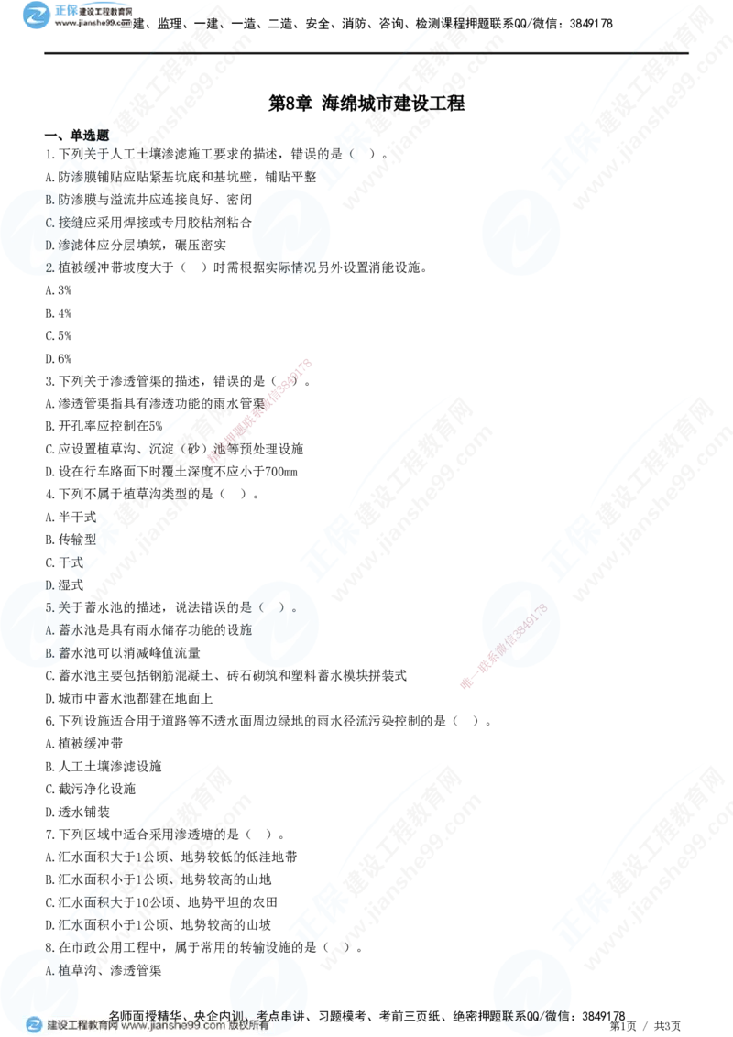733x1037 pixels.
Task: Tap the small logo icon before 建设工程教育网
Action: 35,1025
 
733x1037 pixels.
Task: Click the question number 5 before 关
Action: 49,607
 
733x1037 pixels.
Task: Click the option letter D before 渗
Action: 49,245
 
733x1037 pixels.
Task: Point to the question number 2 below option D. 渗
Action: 49,267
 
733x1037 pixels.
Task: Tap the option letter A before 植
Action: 49,969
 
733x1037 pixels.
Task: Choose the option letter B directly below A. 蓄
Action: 49,652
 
